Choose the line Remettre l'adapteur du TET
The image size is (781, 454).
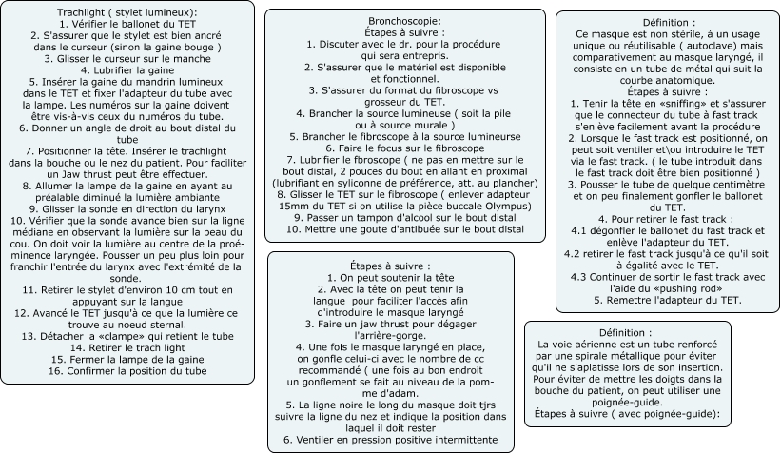(667, 300)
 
